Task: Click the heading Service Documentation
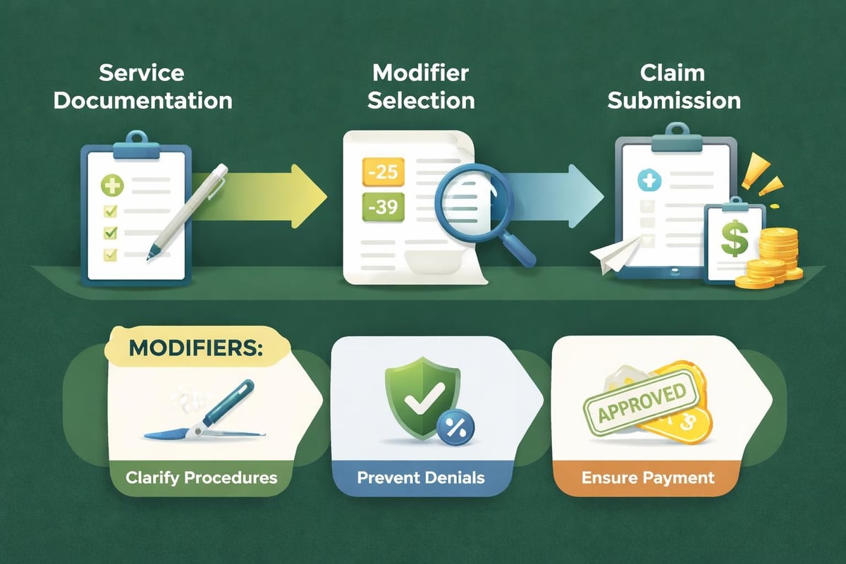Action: click(x=143, y=87)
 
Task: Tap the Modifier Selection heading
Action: click(x=422, y=87)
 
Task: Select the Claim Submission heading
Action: click(x=674, y=87)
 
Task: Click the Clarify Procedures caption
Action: click(x=201, y=477)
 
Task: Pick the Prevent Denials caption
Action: click(x=421, y=477)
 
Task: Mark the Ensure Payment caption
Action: click(x=648, y=477)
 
